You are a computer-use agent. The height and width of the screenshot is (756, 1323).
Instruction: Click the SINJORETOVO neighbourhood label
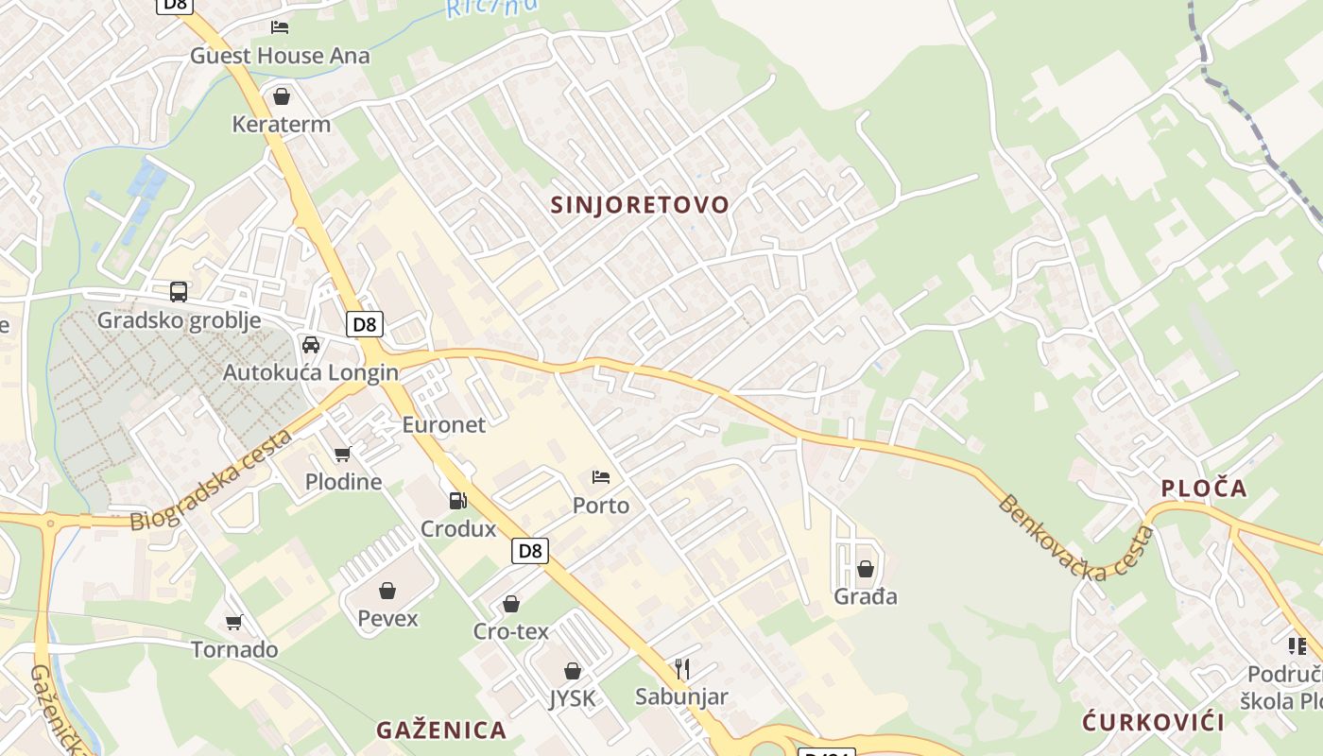click(640, 205)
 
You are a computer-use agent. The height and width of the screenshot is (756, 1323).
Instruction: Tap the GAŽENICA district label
click(441, 730)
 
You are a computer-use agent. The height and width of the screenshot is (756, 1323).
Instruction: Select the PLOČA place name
click(1204, 489)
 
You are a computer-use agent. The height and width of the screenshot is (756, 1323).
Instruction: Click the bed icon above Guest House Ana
click(280, 26)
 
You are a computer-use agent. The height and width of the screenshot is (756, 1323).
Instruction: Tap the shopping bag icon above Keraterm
click(282, 96)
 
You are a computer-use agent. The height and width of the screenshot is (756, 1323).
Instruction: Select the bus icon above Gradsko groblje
click(179, 291)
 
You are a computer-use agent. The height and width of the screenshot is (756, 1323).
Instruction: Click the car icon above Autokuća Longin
click(311, 344)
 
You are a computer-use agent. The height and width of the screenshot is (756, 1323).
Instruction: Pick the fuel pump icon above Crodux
click(458, 500)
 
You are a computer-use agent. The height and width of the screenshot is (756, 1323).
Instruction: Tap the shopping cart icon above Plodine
click(343, 454)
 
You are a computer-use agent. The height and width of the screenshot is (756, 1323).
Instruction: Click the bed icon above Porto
click(601, 477)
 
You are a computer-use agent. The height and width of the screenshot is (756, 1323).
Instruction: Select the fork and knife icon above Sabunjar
click(681, 669)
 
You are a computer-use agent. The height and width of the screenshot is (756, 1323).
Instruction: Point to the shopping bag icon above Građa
click(865, 569)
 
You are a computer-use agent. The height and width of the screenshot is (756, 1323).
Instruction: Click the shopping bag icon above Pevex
click(387, 592)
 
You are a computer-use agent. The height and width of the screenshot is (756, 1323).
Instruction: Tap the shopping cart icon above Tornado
click(234, 622)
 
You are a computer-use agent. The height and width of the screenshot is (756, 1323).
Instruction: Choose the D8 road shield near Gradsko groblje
click(364, 325)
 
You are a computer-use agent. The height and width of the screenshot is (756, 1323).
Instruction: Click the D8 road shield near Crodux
click(530, 551)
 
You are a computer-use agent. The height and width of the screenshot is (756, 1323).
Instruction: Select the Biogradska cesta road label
click(211, 481)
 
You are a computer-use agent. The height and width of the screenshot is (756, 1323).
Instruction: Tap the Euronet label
click(443, 424)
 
